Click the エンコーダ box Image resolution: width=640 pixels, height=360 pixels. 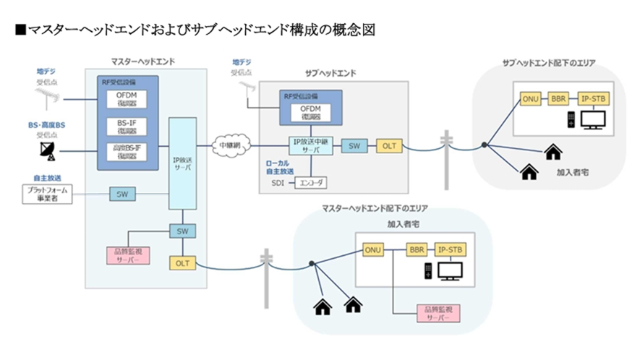[312, 184]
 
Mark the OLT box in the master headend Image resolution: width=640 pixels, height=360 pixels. [182, 263]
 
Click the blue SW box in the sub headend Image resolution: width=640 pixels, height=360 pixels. [353, 146]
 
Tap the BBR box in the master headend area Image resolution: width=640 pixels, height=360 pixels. [417, 249]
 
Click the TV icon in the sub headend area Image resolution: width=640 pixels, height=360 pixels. [594, 119]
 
